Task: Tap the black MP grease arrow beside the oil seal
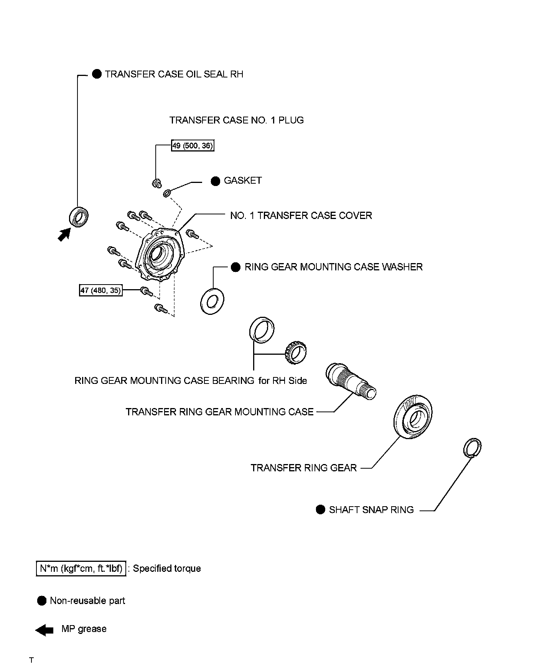(64, 234)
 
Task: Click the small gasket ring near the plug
(167, 193)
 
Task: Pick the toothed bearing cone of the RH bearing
(295, 352)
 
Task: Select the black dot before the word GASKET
(216, 181)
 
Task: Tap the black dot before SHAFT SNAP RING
(321, 509)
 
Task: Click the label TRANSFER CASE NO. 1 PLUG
(236, 120)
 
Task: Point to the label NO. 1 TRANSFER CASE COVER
(301, 216)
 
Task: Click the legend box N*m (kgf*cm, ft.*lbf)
(81, 568)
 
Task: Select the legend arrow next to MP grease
(44, 630)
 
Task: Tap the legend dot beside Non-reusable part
(42, 601)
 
